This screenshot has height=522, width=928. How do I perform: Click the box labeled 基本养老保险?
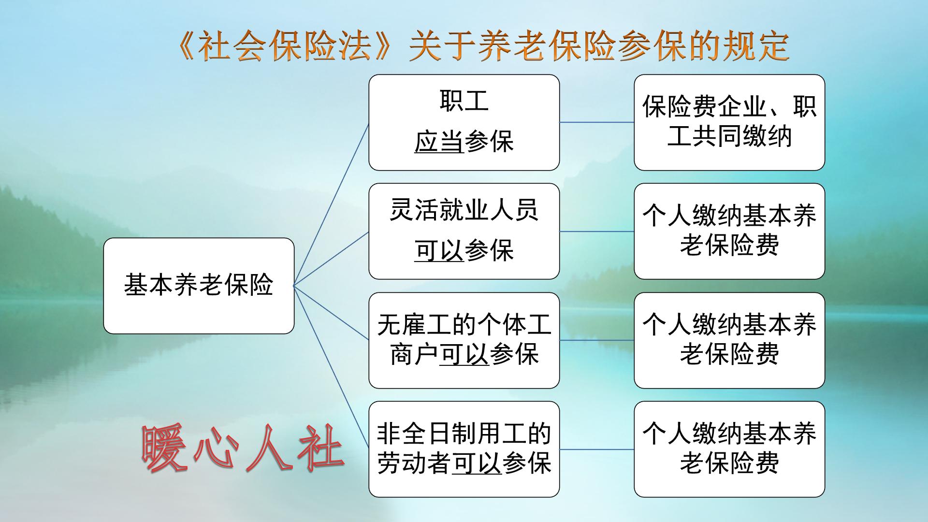click(x=199, y=285)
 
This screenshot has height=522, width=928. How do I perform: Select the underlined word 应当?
click(x=439, y=142)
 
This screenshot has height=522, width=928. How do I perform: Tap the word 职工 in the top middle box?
click(x=464, y=101)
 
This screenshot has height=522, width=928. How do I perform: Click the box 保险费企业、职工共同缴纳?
click(x=729, y=122)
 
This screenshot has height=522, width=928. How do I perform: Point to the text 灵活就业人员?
click(x=464, y=211)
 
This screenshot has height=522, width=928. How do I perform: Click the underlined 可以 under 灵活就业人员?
click(x=439, y=251)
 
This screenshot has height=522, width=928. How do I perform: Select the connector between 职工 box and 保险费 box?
click(x=596, y=122)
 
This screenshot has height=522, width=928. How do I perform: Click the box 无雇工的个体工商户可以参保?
click(x=464, y=340)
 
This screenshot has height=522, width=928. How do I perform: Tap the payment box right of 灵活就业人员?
click(x=729, y=231)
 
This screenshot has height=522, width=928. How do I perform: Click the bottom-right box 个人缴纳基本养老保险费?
click(x=729, y=449)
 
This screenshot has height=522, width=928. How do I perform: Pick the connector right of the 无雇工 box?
click(x=596, y=340)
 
